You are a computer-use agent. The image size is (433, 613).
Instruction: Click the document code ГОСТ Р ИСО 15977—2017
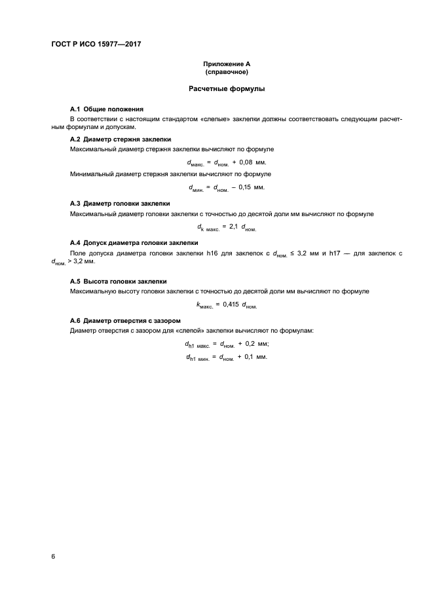[96, 44]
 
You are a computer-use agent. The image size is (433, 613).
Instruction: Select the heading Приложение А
[227, 64]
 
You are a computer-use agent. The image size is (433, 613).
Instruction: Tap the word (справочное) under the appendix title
[227, 71]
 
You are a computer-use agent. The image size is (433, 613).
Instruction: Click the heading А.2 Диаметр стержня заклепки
[120, 139]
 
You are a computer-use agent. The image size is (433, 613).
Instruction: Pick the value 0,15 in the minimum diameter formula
[242, 187]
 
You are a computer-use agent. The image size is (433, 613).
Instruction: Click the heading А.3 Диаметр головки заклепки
[119, 203]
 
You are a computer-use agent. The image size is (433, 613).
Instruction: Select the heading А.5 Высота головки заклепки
[118, 281]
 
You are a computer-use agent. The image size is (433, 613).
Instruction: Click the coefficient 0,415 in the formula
[229, 305]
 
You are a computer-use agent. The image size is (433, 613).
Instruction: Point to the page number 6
[53, 556]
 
